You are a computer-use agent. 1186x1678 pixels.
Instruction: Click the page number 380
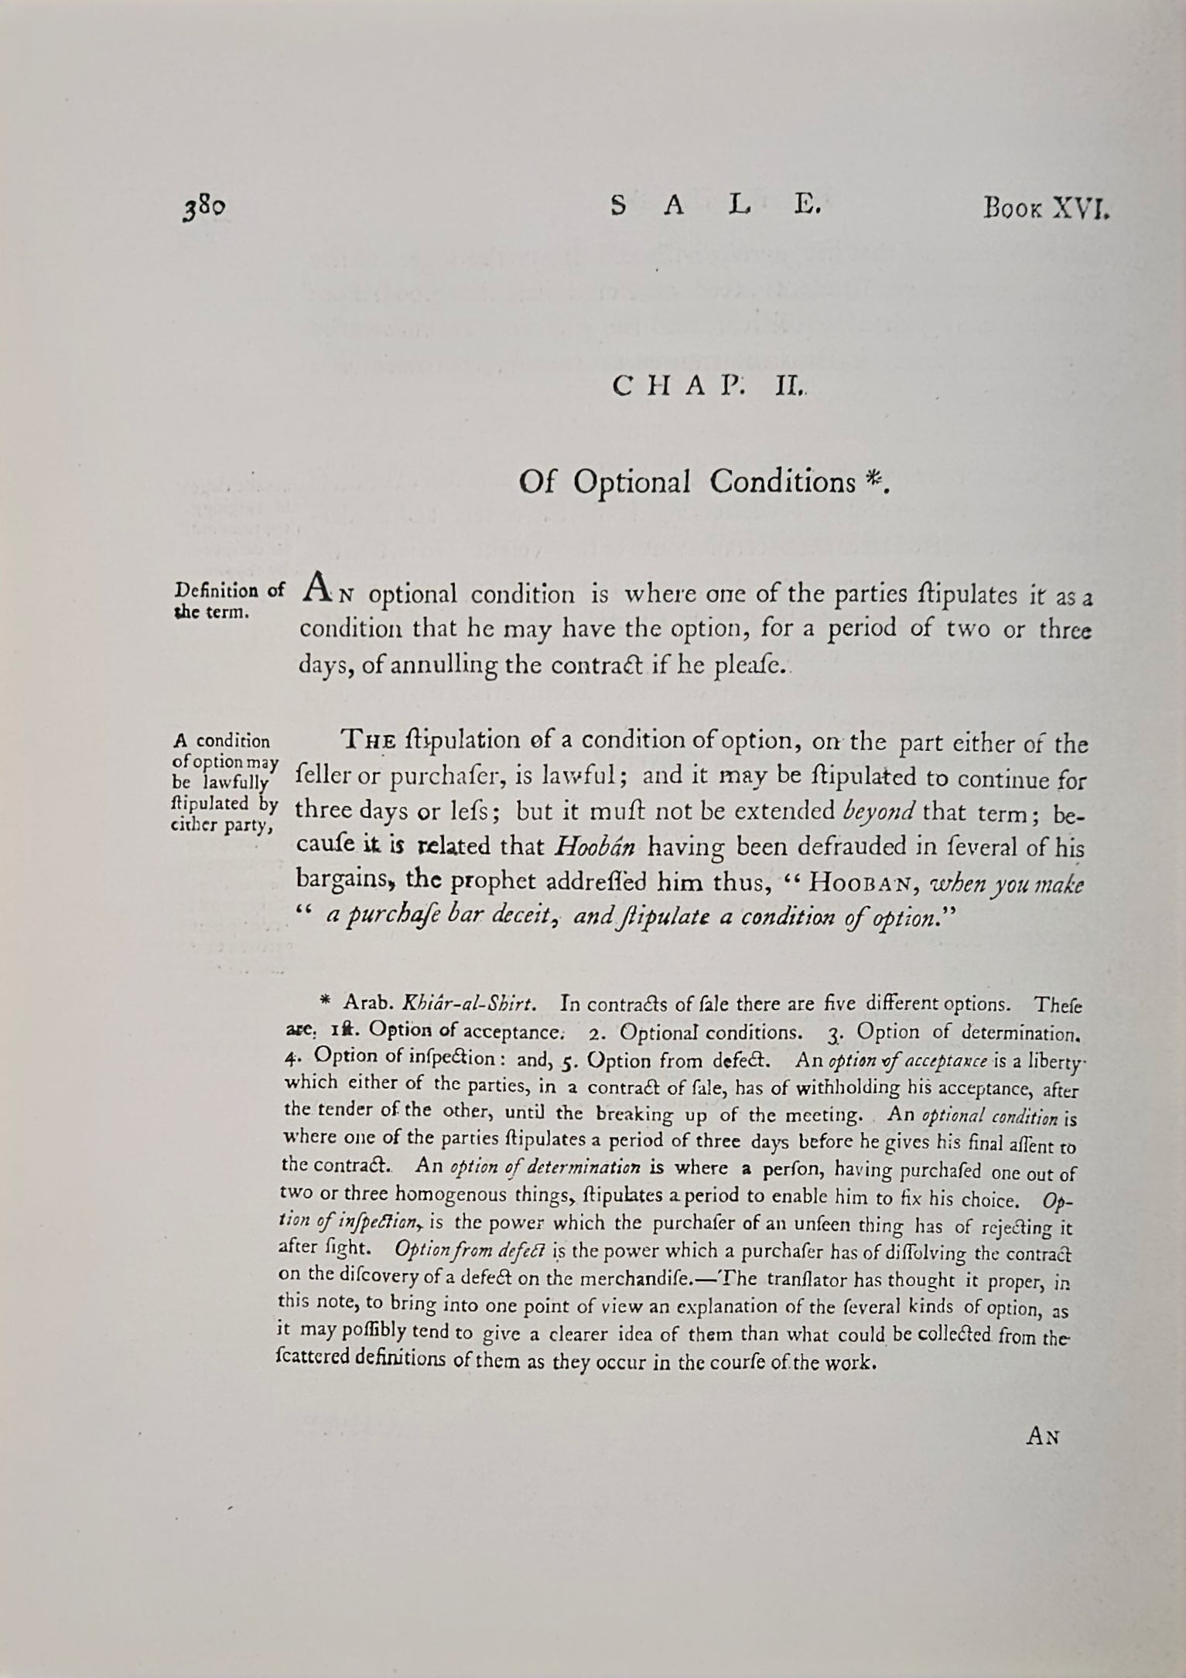coord(204,210)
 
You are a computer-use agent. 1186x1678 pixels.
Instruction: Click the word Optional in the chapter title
coord(632,483)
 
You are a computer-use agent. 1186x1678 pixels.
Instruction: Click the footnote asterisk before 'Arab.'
coord(326,1002)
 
